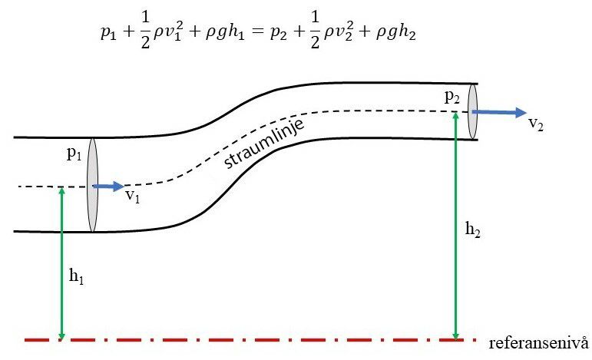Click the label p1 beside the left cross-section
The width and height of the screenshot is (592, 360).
click(74, 154)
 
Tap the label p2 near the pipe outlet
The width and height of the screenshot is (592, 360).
click(452, 97)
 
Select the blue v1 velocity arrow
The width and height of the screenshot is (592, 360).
click(109, 186)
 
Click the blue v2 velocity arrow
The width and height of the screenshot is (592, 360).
click(499, 112)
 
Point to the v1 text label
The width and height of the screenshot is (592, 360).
click(133, 196)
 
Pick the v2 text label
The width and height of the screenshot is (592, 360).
click(536, 124)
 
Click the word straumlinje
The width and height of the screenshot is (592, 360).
click(264, 144)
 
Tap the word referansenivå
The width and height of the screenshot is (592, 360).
click(538, 343)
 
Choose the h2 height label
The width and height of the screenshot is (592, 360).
click(473, 229)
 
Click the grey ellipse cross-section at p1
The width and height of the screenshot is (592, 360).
click(92, 185)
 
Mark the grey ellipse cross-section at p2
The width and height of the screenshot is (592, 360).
click(473, 112)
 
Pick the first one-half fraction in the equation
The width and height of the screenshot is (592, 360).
click(145, 29)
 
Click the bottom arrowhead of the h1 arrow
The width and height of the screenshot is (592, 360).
click(62, 336)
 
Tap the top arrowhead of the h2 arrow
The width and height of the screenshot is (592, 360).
click(455, 116)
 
